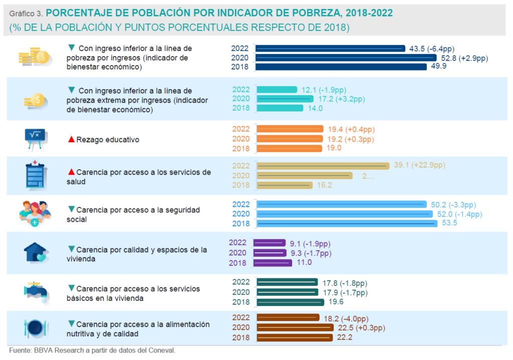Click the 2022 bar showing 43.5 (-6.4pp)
[x=331, y=49]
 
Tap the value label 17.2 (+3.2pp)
[x=329, y=99]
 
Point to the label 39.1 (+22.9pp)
[x=420, y=165]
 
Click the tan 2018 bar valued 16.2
[x=285, y=185]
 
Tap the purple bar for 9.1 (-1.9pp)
[x=271, y=244]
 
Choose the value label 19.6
[x=336, y=302]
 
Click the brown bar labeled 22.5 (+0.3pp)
[x=295, y=327]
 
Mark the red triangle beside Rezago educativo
[x=71, y=139]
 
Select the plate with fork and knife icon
[x=36, y=328]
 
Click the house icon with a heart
[x=36, y=252]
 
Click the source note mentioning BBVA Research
[x=92, y=350]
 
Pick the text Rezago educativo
[x=108, y=140]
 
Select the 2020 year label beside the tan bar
[x=241, y=175]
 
